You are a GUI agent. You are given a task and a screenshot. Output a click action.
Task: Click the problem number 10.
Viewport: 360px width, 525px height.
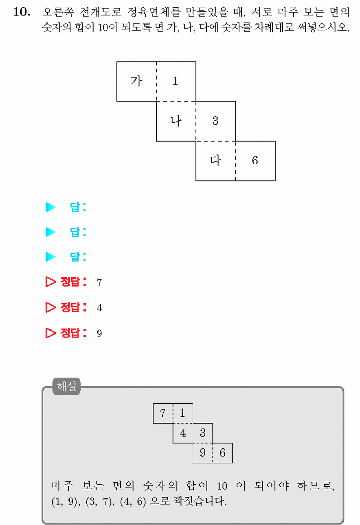(22, 12)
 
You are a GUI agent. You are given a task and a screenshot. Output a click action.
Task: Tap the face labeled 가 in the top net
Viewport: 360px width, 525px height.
(136, 82)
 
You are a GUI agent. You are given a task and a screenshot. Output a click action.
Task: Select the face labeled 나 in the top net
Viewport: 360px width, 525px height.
(176, 121)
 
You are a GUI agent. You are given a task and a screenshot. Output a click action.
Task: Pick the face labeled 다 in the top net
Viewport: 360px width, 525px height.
(216, 161)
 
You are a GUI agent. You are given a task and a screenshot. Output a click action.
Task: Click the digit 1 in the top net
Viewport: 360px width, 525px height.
(175, 82)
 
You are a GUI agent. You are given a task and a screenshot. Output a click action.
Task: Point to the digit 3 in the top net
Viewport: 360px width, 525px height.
(215, 121)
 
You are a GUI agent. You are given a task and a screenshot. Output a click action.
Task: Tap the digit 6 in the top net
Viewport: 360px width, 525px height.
(255, 161)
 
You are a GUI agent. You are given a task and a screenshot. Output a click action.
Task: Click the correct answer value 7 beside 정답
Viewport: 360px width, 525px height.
(99, 282)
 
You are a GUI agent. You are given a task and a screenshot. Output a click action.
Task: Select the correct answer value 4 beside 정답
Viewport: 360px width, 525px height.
(99, 308)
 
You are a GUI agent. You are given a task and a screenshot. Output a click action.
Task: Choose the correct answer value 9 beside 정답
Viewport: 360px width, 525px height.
(99, 333)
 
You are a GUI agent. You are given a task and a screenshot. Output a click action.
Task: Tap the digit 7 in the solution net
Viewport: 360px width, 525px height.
(163, 413)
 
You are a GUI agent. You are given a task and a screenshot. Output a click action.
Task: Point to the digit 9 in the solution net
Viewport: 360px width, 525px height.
(203, 452)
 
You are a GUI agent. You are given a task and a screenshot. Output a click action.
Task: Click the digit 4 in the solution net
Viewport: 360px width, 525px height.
(183, 433)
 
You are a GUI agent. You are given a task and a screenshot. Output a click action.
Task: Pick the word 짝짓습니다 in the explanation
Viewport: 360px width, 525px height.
(200, 501)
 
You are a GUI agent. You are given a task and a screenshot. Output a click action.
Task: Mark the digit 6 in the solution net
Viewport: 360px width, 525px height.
(222, 452)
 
